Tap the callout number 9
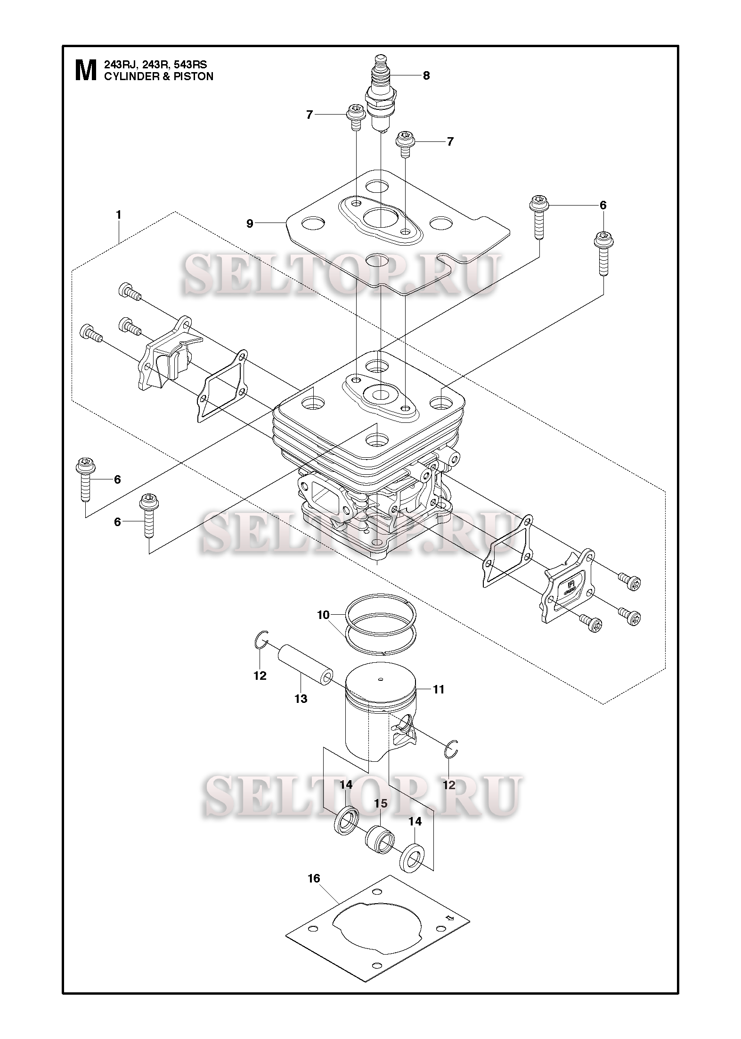[250, 223]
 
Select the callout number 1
[119, 215]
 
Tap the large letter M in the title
[86, 71]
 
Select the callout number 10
[323, 615]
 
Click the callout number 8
[426, 75]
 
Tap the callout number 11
[439, 689]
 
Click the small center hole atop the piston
[381, 679]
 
